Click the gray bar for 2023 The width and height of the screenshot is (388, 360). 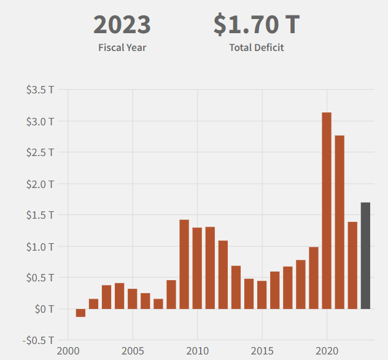pyautogui.click(x=365, y=256)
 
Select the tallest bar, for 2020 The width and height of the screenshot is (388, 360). pyautogui.click(x=327, y=211)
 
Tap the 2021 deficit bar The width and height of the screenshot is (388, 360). pyautogui.click(x=340, y=222)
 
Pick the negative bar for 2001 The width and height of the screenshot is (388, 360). pyautogui.click(x=80, y=313)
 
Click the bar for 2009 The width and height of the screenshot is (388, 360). pyautogui.click(x=184, y=264)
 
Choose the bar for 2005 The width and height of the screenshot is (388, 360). pyautogui.click(x=132, y=299)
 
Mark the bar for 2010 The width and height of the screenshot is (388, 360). pyautogui.click(x=197, y=268)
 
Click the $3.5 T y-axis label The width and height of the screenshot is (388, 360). pyautogui.click(x=40, y=90)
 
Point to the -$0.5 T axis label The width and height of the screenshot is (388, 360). pyautogui.click(x=40, y=340)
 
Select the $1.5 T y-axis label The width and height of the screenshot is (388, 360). pyautogui.click(x=40, y=215)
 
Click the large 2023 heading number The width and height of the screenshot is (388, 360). pyautogui.click(x=122, y=25)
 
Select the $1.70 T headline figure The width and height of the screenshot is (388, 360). pyautogui.click(x=257, y=25)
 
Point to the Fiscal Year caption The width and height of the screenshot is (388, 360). pyautogui.click(x=122, y=47)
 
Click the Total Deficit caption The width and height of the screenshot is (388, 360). pyautogui.click(x=257, y=47)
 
